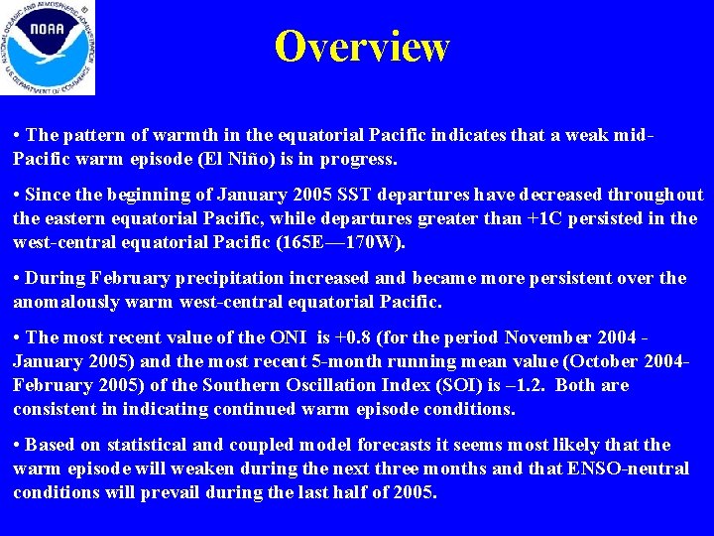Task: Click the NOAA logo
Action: (x=48, y=47)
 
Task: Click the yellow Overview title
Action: (x=362, y=47)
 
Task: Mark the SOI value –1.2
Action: (x=490, y=385)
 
